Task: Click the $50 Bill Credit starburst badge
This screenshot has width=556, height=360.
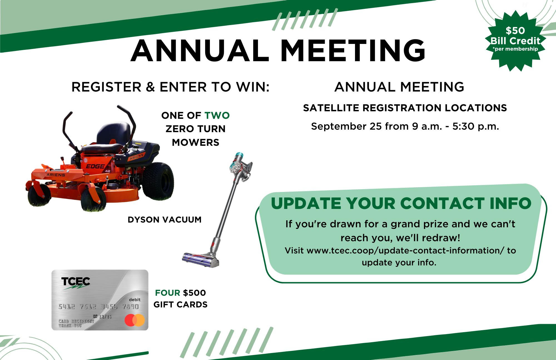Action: point(515,41)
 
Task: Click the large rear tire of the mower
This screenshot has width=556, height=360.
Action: point(158,181)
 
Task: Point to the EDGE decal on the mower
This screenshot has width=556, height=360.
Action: point(95,167)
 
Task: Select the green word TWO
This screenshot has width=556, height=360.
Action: point(217,115)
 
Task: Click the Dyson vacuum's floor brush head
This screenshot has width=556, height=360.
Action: point(201,259)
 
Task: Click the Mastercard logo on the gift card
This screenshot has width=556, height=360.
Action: point(135,320)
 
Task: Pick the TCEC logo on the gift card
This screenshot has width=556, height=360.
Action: point(76,283)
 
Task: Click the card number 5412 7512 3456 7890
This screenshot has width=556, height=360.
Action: point(98,307)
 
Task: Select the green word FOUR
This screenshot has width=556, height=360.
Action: point(168,293)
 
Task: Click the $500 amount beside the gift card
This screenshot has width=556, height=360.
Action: point(194,293)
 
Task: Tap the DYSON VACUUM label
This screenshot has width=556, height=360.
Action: point(165,220)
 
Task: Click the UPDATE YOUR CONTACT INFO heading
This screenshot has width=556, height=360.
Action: point(401,203)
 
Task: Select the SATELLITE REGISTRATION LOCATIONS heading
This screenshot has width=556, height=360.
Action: point(405,108)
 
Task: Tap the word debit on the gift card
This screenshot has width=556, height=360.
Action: point(135,300)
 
